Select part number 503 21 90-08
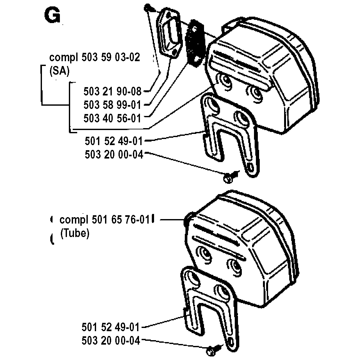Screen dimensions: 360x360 pos(112,92)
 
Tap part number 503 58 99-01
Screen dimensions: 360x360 pos(112,105)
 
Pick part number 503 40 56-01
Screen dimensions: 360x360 pos(112,118)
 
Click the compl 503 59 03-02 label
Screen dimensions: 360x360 pos(94,58)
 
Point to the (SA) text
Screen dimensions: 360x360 pos(59,71)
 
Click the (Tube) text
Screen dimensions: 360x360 pos(75,233)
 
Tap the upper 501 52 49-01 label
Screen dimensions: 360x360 pos(113,141)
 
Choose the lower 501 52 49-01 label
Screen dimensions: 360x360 pos(111,327)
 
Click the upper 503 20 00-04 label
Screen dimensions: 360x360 pos(113,154)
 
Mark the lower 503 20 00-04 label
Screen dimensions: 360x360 pos(111,341)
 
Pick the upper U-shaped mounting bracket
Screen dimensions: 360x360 pos(229,131)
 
